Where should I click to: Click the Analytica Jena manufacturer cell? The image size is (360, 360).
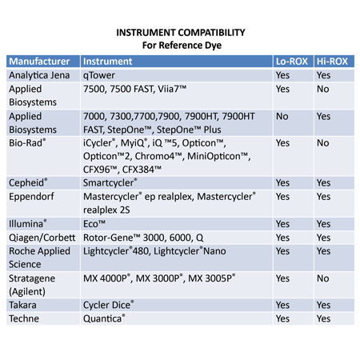pyautogui.click(x=42, y=75)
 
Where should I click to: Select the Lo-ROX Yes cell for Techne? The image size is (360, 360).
pyautogui.click(x=283, y=319)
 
